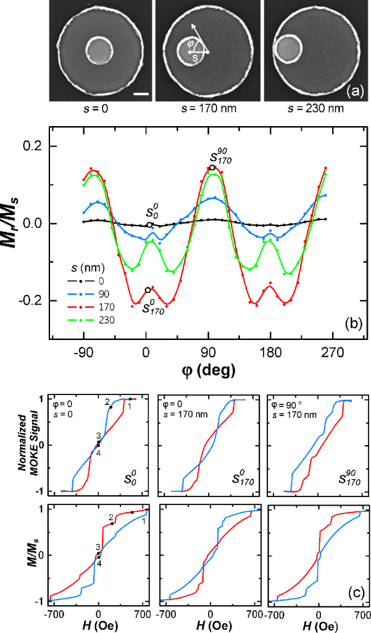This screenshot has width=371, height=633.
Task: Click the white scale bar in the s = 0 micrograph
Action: [x=141, y=95]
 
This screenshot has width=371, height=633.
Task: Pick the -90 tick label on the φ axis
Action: [x=83, y=354]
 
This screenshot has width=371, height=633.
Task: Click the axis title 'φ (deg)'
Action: [x=208, y=370]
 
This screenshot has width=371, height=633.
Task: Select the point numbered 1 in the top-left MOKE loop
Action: [x=130, y=399]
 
